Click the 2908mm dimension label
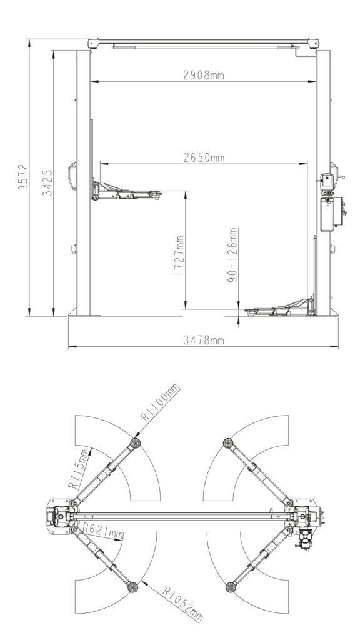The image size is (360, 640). coord(203,75)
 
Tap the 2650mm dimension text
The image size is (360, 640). coord(204,157)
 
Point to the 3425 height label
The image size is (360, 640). coord(47,183)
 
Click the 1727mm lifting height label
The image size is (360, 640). coord(179,255)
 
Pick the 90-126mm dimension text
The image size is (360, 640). coord(232,256)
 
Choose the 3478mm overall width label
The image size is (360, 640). coord(203,340)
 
